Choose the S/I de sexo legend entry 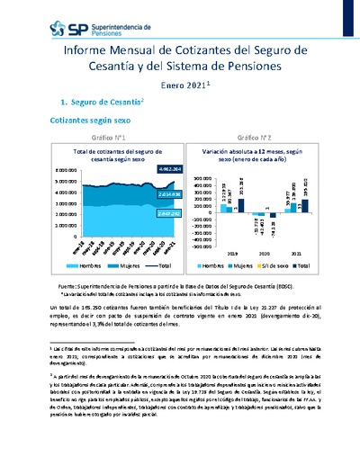tap(283, 267)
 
